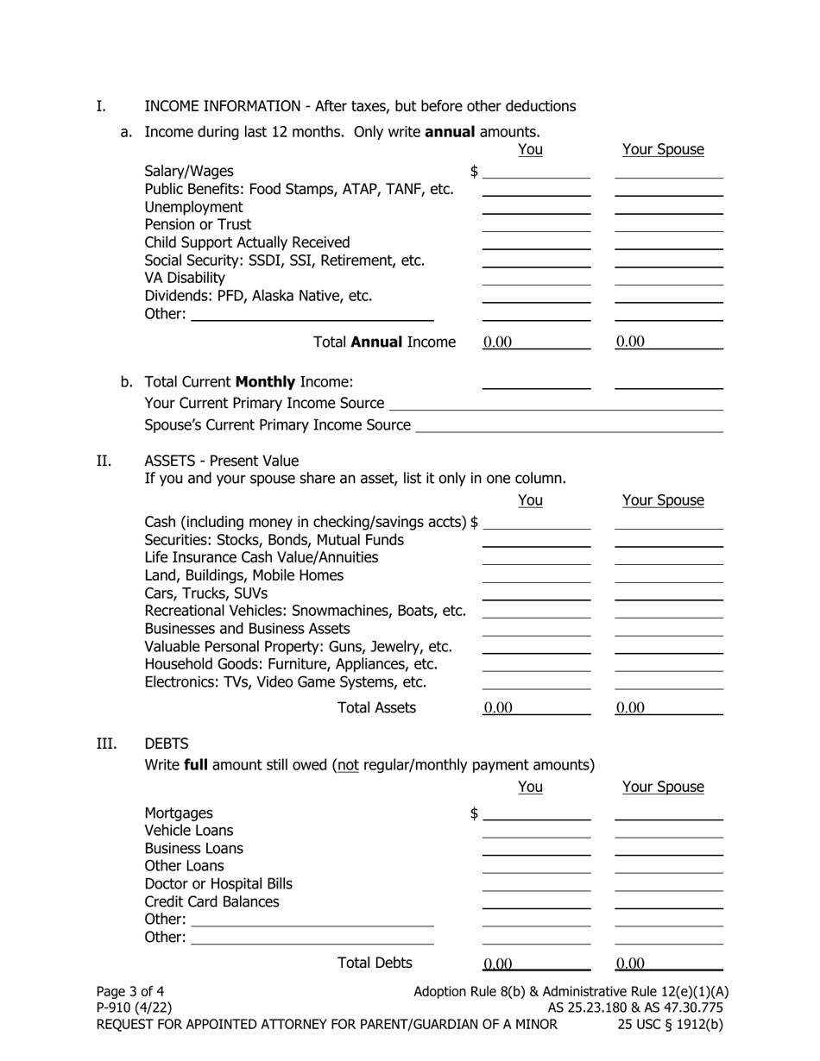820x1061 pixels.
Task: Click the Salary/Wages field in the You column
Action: click(536, 172)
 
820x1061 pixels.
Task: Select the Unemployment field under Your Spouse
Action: click(668, 207)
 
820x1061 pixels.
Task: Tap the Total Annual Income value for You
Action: click(536, 342)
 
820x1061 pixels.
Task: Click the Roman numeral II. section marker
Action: click(103, 461)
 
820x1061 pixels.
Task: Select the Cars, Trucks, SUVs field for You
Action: click(536, 593)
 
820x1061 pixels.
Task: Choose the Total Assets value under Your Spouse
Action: click(668, 708)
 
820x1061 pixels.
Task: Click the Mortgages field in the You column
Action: click(536, 813)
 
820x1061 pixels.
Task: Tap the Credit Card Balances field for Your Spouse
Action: click(668, 901)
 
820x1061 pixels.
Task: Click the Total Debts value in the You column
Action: click(536, 964)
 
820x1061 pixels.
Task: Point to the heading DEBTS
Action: click(167, 744)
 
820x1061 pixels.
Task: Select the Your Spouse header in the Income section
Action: click(663, 150)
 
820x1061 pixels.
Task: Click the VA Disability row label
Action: click(185, 278)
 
